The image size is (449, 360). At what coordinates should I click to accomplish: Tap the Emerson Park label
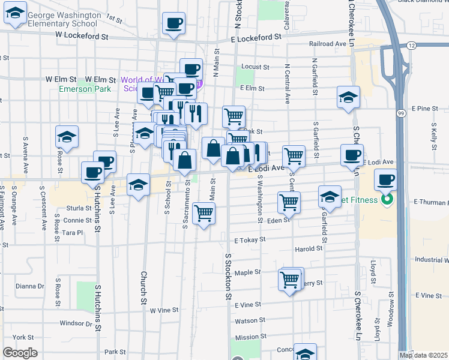(85, 89)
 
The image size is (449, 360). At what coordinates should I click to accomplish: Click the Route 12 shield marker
(411, 46)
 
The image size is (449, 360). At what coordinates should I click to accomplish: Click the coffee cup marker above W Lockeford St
(174, 24)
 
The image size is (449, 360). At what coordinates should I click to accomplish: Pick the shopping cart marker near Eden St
(289, 203)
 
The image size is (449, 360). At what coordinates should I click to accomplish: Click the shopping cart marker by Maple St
(290, 280)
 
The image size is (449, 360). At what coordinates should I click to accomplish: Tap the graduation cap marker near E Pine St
(348, 97)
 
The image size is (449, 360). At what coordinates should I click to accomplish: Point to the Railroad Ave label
(328, 44)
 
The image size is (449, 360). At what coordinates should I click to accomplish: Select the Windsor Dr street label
(76, 323)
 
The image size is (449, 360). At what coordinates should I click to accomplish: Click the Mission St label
(247, 337)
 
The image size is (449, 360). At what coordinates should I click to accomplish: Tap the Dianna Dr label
(31, 286)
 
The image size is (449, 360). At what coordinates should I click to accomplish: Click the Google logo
(20, 353)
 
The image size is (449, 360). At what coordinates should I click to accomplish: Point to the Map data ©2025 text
(424, 355)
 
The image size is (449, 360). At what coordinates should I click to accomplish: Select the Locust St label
(253, 67)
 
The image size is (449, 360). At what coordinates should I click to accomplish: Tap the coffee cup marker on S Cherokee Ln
(352, 155)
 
